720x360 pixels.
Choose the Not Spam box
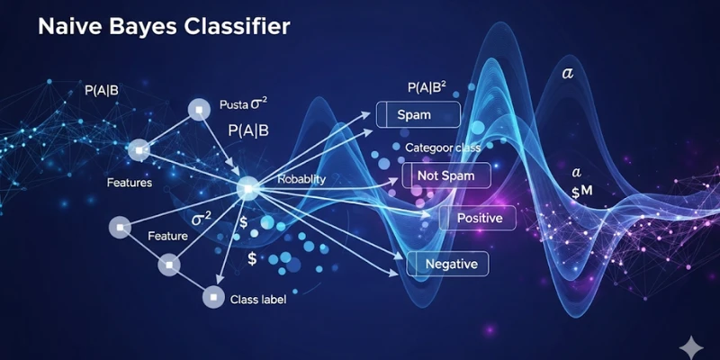coord(445,175)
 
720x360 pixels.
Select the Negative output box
coord(448,264)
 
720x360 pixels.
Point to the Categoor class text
coord(443,147)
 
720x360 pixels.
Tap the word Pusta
coord(236,105)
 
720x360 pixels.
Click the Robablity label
coord(301,180)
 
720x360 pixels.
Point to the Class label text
coord(258,299)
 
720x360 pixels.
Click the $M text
coord(582,191)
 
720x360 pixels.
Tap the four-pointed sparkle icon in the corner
coord(690,344)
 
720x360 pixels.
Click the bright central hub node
coord(247,187)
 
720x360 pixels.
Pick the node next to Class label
coord(212,295)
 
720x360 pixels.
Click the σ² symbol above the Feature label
coord(202,219)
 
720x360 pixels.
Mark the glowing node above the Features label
coord(139,149)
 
